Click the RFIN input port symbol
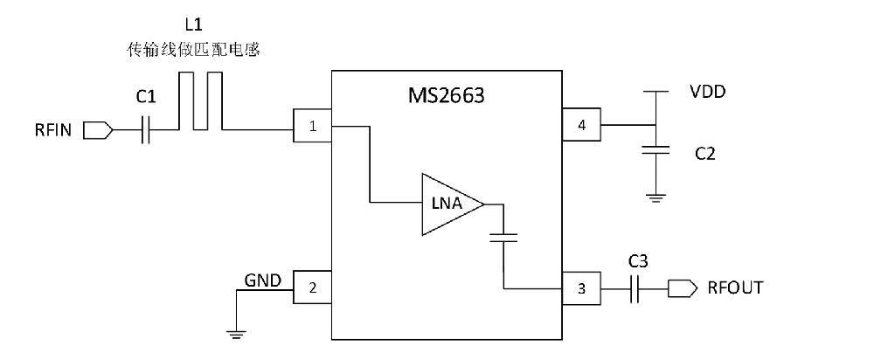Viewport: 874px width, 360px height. [98, 130]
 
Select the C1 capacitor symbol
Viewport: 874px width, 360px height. [145, 130]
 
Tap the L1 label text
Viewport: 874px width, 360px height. [193, 24]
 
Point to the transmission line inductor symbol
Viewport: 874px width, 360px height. [200, 100]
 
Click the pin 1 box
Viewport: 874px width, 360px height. [313, 126]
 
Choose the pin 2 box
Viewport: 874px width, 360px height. [313, 287]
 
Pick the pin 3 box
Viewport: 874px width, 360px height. [581, 288]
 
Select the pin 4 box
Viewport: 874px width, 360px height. [581, 125]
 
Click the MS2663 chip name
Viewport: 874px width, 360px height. [447, 95]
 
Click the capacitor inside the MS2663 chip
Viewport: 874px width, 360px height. [503, 238]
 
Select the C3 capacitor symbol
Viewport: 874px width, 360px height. [635, 288]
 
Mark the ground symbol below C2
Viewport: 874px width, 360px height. [655, 197]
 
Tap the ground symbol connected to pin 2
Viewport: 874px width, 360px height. [236, 335]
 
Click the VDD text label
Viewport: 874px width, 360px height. [707, 92]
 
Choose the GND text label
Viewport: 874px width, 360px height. [262, 280]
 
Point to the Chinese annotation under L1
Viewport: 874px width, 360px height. [193, 51]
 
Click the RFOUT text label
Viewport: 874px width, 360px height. [735, 287]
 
